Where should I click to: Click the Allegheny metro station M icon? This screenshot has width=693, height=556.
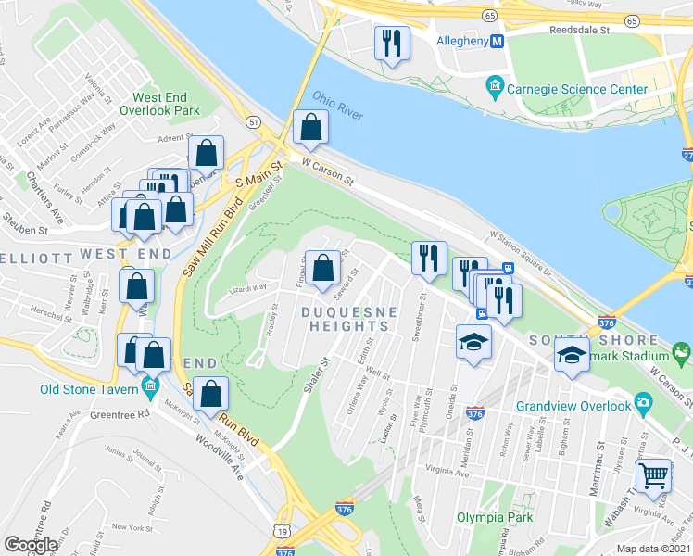[497, 42]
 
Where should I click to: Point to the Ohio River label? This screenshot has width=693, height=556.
[337, 104]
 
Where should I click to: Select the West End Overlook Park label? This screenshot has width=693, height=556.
[166, 104]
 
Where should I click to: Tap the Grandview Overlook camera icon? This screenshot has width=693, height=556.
[642, 404]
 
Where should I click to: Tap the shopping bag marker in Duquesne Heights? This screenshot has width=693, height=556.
[322, 269]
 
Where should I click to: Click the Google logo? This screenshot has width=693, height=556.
[31, 545]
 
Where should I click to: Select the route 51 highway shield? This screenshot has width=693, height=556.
[252, 120]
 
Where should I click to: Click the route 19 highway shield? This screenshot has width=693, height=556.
[282, 530]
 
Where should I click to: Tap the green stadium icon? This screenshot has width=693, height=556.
[682, 352]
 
